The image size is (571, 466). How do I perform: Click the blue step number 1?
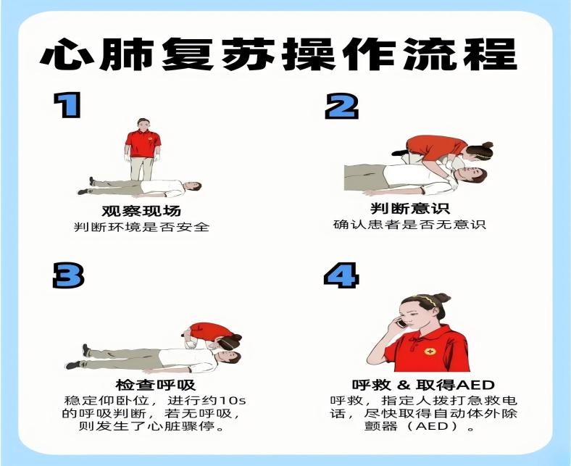pos(67,105)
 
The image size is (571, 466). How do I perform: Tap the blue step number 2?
pos(341,106)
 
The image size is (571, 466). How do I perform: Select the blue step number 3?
pos(68,275)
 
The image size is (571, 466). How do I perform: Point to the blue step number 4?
pos(341,275)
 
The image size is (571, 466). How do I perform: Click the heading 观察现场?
pos(141,211)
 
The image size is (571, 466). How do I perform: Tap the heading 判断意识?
pos(410,209)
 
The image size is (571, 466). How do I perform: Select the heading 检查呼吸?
pos(156,385)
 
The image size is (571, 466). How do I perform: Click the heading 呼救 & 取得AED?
pos(423,385)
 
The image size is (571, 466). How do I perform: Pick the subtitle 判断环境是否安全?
pos(141,227)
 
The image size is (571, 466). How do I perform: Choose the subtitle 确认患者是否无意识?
pos(409,224)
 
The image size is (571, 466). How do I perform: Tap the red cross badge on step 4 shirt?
pos(430,352)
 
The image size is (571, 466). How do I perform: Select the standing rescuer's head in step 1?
pos(143,125)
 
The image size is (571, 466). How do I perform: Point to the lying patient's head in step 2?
pos(473,175)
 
